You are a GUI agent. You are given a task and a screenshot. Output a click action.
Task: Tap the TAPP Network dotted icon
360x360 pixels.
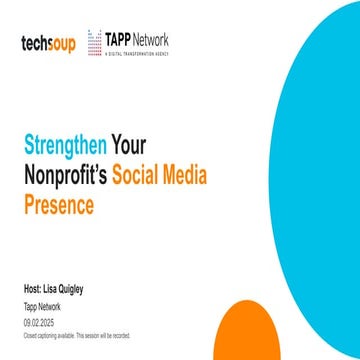94,41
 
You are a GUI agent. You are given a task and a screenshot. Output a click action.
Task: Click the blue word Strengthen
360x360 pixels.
64,145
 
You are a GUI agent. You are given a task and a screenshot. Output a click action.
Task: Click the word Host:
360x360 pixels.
33,289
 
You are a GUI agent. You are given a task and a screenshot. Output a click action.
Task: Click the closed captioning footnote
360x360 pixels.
75,336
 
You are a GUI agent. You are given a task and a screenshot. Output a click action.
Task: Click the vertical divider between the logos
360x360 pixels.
81,42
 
